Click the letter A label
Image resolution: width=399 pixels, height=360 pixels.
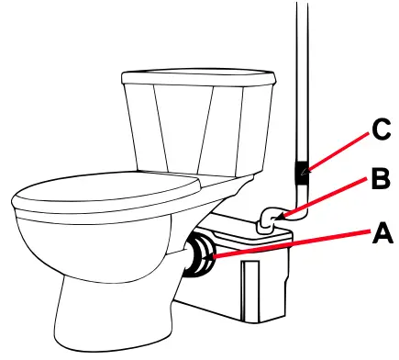click(x=382, y=236)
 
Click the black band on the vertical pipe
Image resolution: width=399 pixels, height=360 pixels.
click(x=301, y=172)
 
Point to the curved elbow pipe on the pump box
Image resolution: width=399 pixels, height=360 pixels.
click(x=268, y=219)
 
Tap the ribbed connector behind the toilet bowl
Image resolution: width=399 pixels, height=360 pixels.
click(x=199, y=255)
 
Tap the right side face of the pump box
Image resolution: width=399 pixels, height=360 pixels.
click(x=281, y=276)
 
